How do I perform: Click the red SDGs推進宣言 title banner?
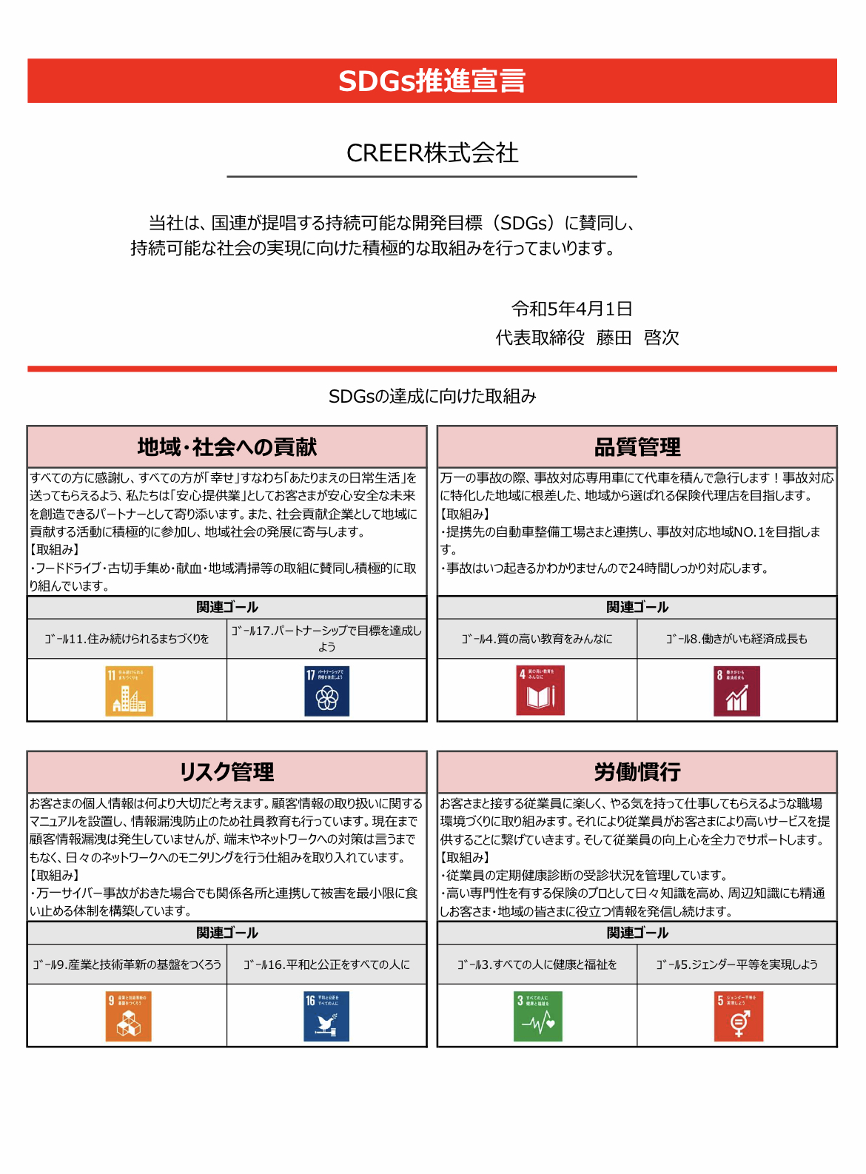point(432,81)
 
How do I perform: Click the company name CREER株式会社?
point(432,153)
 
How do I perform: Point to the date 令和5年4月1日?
point(571,309)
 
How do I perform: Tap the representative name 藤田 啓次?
point(637,338)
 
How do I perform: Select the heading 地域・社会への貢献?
point(226,447)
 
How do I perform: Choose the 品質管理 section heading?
point(637,447)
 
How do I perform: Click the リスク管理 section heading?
point(226,772)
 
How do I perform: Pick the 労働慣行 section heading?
point(637,772)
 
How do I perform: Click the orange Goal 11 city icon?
point(130,691)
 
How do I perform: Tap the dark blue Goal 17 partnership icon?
point(326,691)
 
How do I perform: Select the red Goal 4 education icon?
point(540,691)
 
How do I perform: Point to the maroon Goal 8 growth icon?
point(736,691)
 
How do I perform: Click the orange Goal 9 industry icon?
point(129,1016)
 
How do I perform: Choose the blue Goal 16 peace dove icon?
point(326,1016)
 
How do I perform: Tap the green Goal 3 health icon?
point(538,1016)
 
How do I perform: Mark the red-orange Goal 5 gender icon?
point(738,1016)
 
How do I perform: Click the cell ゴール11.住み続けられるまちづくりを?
point(127,639)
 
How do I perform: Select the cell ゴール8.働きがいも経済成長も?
point(736,639)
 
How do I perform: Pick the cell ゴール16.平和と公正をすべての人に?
point(326,965)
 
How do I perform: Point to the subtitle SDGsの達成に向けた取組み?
point(432,397)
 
